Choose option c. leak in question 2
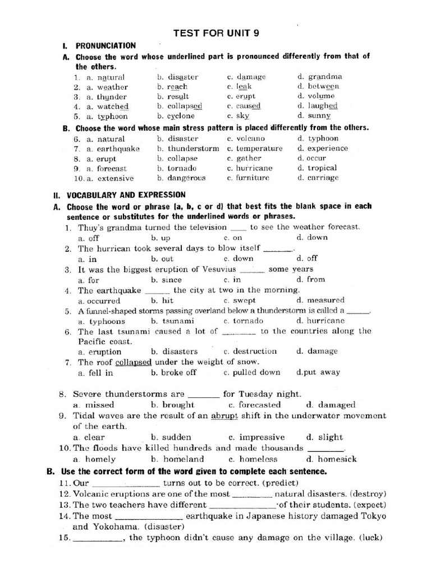(x=240, y=87)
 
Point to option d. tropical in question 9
(x=318, y=168)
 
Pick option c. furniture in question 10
(x=248, y=178)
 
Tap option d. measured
(x=320, y=300)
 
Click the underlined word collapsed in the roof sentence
(x=134, y=362)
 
